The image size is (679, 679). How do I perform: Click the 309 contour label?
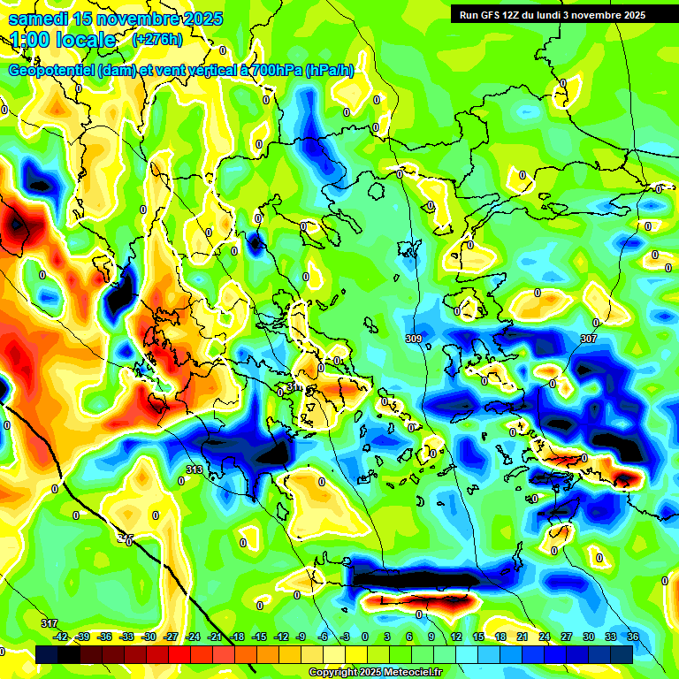[413, 339]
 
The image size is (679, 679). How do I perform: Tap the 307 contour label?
[589, 339]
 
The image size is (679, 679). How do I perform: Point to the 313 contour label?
[195, 469]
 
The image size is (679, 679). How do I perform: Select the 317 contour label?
[49, 624]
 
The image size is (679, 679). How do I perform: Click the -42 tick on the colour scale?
[61, 637]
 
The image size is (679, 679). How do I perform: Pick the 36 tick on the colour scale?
[632, 637]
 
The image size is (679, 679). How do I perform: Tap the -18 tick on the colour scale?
[237, 637]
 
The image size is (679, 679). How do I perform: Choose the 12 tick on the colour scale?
[456, 637]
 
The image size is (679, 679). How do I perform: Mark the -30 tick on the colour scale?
[149, 637]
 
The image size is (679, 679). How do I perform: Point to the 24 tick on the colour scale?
[545, 637]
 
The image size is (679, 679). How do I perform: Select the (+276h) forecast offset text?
[156, 39]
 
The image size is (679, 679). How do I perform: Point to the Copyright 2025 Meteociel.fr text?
[375, 672]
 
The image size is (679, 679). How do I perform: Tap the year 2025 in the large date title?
[196, 19]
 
